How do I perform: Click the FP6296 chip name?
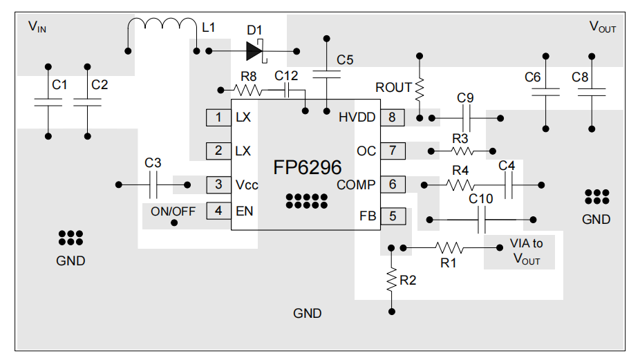pos(308,168)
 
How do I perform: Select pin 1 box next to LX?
pos(218,117)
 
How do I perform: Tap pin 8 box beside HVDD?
pos(392,117)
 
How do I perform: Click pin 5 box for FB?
pos(392,216)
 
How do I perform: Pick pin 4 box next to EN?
pos(218,211)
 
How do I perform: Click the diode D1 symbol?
pos(253,50)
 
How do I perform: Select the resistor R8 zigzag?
pos(247,89)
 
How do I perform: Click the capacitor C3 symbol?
pos(153,184)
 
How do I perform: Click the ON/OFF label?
pos(173,211)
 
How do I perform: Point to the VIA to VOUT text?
pos(526,252)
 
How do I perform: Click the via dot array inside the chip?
pos(306,200)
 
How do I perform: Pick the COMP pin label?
pos(356,184)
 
